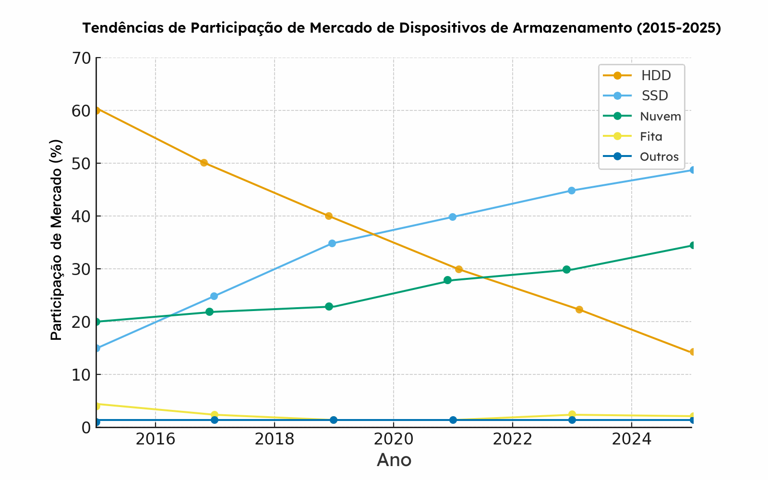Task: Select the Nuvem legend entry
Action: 660,116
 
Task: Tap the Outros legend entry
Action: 659,157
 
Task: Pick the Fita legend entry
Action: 651,137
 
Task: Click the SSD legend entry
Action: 655,96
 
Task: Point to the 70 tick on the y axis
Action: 81,58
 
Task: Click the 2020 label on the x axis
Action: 393,439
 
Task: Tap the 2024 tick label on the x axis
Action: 631,439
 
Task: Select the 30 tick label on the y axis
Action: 81,269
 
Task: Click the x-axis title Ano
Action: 394,460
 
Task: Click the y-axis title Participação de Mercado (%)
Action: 57,240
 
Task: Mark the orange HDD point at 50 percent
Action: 204,163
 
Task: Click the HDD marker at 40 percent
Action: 329,216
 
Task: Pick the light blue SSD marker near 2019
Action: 332,243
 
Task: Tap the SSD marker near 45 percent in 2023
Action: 571,191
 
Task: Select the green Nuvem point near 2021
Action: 447,280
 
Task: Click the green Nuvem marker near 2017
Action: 209,312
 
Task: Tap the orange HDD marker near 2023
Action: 579,310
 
